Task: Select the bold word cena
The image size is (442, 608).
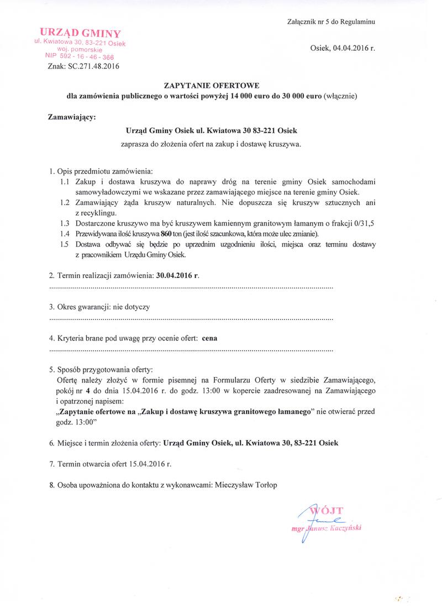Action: pyautogui.click(x=210, y=337)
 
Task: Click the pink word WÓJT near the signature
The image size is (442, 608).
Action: pyautogui.click(x=326, y=510)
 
